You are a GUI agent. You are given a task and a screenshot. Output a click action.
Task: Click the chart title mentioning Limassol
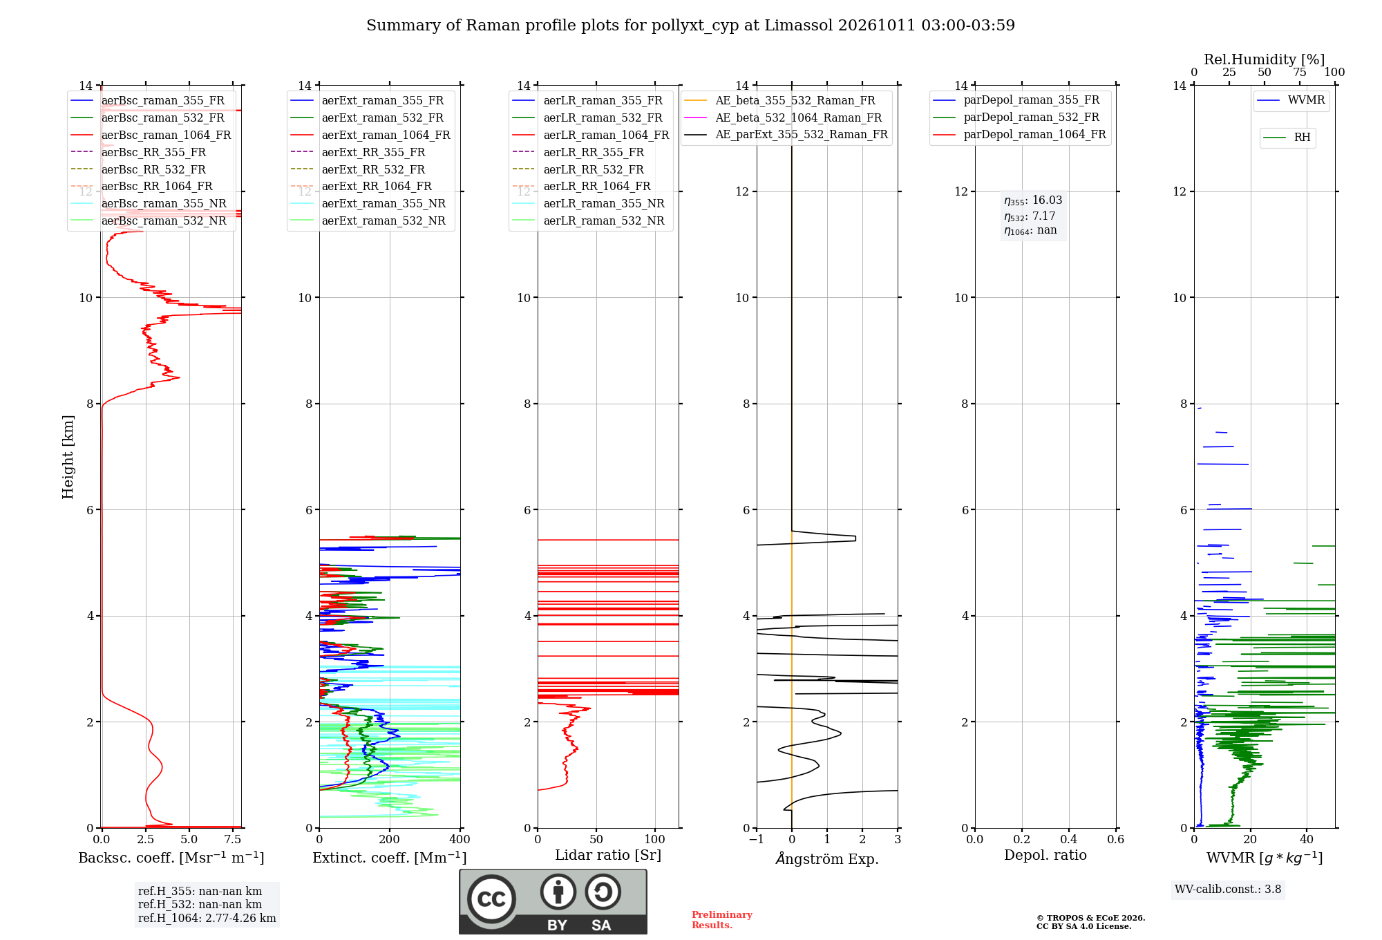coord(690,26)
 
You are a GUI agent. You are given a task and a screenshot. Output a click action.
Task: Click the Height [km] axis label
coord(68,457)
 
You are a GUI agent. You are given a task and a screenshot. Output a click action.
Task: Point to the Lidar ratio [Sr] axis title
coord(608,855)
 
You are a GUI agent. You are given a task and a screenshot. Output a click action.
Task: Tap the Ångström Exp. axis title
coord(827,858)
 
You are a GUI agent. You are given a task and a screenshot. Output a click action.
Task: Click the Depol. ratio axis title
coord(1045,855)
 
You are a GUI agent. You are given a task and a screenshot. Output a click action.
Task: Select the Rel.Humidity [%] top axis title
coord(1265,59)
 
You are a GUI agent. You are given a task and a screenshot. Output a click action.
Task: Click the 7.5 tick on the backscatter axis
coord(233,840)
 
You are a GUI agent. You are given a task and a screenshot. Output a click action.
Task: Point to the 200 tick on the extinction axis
coord(390,840)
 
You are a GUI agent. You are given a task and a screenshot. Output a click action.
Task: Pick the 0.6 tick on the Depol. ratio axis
coord(1116,840)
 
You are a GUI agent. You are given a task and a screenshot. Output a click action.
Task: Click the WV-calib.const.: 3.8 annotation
coord(1228,890)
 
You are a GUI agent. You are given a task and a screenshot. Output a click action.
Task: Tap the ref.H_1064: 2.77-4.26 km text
coord(207,919)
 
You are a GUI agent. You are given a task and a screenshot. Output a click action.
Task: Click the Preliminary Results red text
coord(722,920)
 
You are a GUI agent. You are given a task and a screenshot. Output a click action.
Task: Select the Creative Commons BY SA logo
coord(553,902)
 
